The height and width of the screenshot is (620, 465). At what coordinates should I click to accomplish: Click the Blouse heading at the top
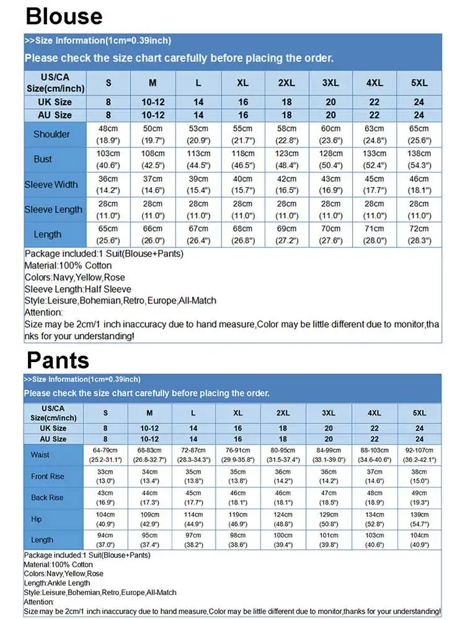[64, 15]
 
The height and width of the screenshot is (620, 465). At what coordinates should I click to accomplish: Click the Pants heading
[58, 360]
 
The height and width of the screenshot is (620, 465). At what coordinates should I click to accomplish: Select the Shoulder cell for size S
[108, 134]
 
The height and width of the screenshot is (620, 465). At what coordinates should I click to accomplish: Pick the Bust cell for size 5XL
[418, 159]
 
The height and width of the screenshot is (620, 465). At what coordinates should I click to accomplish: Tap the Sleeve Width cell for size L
[198, 184]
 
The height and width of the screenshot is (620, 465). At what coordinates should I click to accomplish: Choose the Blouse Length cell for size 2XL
[286, 234]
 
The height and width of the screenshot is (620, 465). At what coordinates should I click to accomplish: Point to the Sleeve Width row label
[51, 184]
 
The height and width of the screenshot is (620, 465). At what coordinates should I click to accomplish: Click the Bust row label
[43, 159]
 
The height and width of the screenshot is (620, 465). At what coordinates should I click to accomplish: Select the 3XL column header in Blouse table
[330, 83]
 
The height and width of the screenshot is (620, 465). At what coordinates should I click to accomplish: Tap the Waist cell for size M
[149, 454]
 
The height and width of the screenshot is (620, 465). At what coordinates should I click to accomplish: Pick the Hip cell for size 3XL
[328, 519]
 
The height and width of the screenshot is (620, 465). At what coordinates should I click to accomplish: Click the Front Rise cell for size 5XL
[419, 476]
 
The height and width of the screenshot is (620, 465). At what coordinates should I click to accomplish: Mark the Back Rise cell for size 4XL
[374, 497]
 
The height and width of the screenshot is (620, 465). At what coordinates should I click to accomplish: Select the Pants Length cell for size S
[105, 540]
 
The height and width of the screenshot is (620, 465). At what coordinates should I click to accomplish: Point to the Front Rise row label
[48, 476]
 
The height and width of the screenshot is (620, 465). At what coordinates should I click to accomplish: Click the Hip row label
[37, 519]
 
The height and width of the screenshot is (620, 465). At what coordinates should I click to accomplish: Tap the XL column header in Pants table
[237, 413]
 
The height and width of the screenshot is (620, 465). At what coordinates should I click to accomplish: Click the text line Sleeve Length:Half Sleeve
[77, 289]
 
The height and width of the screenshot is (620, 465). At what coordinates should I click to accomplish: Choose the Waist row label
[40, 454]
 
